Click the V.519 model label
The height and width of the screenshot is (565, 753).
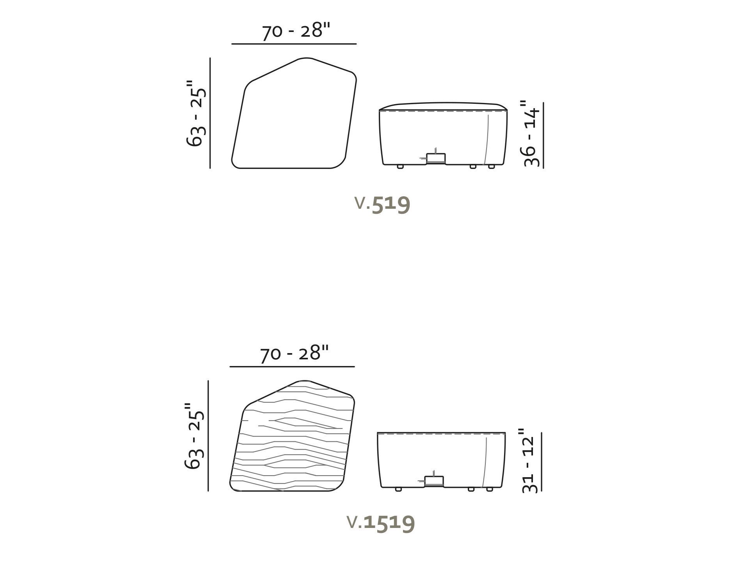click(382, 204)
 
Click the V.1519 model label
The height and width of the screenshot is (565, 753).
click(381, 522)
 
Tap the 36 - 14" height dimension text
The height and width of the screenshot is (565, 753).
click(531, 134)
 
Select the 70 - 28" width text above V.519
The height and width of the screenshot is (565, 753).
click(296, 30)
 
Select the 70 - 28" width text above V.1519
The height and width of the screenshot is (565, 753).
click(295, 354)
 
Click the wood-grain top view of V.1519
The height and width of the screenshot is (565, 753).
click(292, 436)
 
